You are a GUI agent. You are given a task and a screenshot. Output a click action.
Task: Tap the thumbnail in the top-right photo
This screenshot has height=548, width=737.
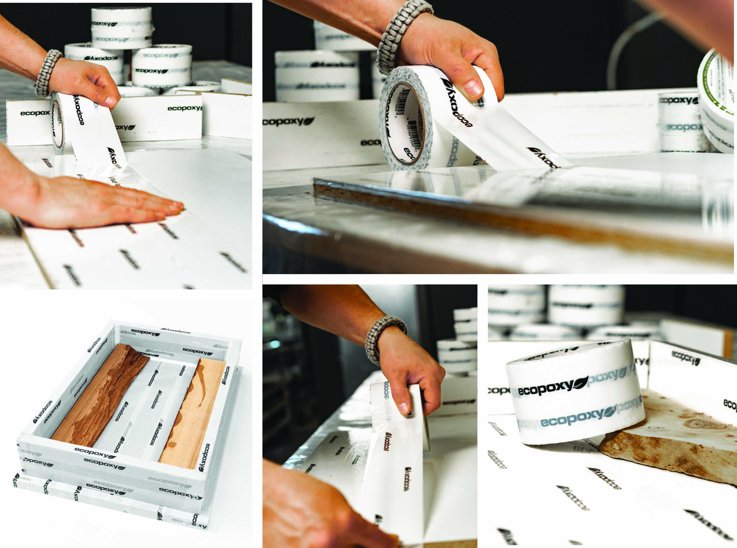[x=473, y=88]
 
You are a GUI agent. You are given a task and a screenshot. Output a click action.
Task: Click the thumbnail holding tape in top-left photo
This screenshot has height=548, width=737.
[x=110, y=101]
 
